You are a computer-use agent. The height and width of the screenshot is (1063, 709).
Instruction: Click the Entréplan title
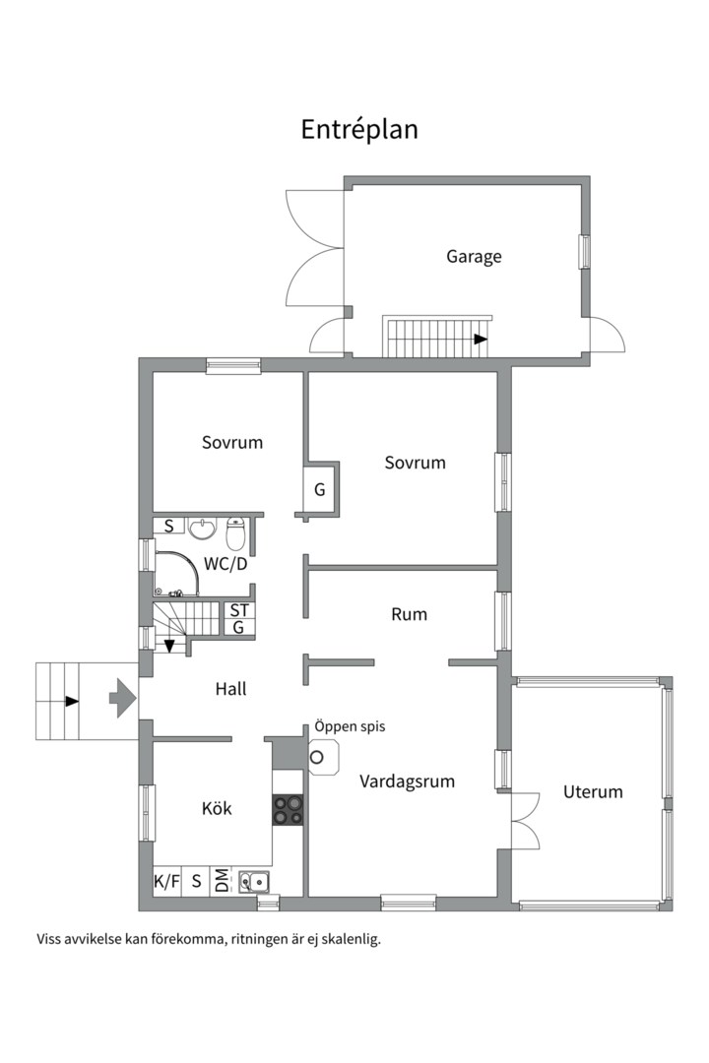coord(358,130)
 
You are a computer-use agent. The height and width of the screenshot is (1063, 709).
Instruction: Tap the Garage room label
coord(474,257)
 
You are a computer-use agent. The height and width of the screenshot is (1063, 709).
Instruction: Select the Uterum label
coord(592,791)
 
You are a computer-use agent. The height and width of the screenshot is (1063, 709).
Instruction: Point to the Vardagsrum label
coord(407,782)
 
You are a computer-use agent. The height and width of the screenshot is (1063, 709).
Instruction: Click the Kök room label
coord(217,808)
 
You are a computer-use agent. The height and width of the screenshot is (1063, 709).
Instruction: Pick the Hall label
coord(230,689)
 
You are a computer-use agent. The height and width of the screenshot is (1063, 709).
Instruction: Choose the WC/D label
coord(226,563)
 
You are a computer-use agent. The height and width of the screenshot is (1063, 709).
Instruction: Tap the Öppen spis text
coord(350,726)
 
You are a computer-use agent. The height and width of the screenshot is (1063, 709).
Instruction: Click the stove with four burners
coord(288,809)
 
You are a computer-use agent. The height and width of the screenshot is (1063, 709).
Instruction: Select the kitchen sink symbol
coord(254,881)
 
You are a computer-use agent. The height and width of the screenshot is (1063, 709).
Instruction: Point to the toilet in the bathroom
coord(234,532)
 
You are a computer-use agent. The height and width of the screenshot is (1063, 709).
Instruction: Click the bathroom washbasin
coord(202,529)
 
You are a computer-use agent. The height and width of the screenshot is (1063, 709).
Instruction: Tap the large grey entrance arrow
coord(122,698)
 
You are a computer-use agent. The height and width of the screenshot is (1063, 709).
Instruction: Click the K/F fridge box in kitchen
coord(166,881)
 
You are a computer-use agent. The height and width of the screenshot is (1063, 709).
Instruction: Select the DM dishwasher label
coord(222,881)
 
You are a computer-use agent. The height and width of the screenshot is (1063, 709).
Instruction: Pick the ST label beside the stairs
coord(239,610)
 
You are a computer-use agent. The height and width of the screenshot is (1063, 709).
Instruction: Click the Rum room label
coord(409,614)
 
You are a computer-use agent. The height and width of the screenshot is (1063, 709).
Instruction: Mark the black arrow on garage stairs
coord(481,339)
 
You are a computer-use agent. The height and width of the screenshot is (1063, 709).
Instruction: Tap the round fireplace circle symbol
coord(317,757)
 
